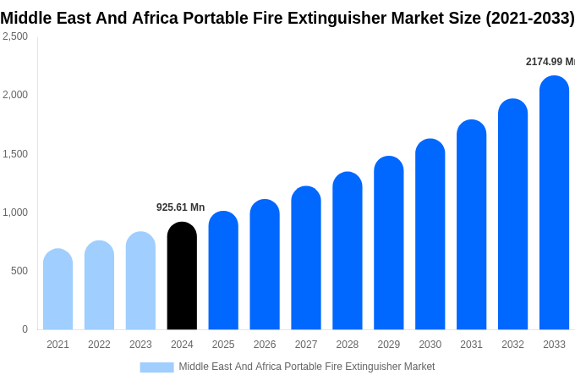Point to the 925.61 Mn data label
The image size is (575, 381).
(180, 207)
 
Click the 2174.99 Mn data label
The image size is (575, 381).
(550, 62)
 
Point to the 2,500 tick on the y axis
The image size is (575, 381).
(15, 36)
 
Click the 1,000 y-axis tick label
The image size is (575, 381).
(15, 213)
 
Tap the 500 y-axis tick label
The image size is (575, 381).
(19, 271)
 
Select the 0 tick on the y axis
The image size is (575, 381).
(25, 329)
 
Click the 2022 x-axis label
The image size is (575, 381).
(99, 345)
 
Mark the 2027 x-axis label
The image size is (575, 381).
(306, 345)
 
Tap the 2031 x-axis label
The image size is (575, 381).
(471, 345)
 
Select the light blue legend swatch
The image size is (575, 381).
(156, 367)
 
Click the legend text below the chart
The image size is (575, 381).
(306, 367)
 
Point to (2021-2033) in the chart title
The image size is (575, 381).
(529, 18)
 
